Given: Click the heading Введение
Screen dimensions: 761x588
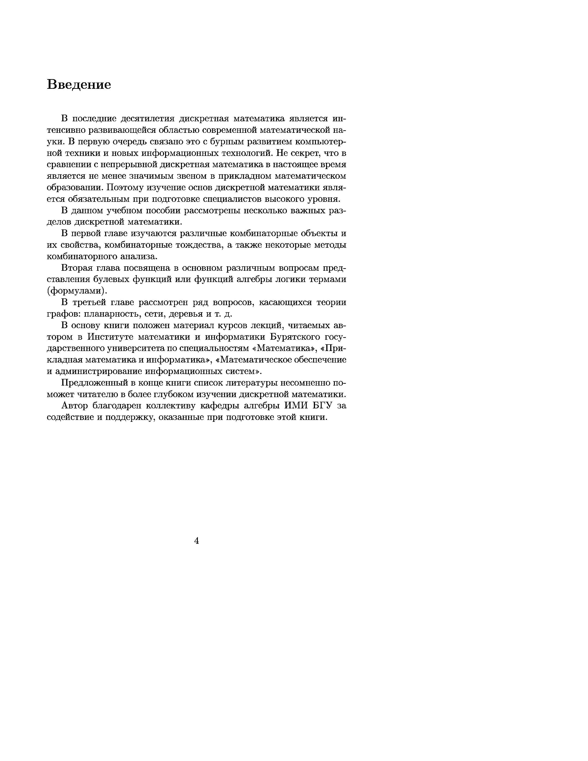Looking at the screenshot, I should [x=79, y=85].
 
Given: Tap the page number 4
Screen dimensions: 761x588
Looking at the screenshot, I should [x=196, y=541].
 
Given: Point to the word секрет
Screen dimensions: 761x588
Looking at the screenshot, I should [x=305, y=153].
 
